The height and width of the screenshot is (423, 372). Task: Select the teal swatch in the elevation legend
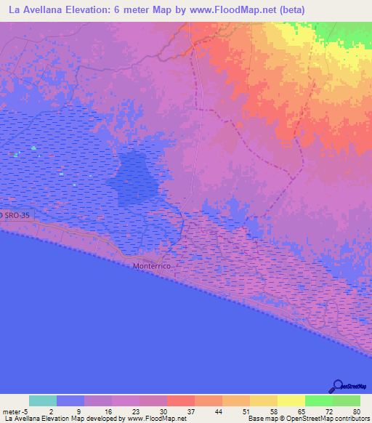pos(42,400)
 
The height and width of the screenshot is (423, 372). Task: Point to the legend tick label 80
pos(355,411)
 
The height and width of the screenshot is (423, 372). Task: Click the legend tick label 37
pos(190,411)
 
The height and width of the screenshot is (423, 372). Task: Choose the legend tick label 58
pos(272,411)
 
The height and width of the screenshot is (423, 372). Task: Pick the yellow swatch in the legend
pos(290,400)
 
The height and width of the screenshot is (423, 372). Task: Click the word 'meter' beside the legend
pos(12,411)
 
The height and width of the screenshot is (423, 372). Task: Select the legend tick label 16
pos(107,411)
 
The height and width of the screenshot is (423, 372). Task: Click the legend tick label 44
pos(217,411)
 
